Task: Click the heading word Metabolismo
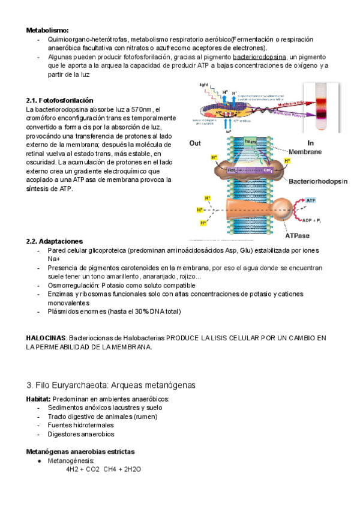click(47, 29)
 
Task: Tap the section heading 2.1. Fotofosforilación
click(59, 100)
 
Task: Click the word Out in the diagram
click(195, 143)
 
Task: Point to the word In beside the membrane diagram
click(310, 143)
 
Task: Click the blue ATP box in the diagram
click(311, 199)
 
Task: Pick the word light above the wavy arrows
click(204, 86)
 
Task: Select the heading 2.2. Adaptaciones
click(55, 241)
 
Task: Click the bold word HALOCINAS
click(46, 339)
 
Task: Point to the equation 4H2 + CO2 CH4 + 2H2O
click(104, 469)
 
